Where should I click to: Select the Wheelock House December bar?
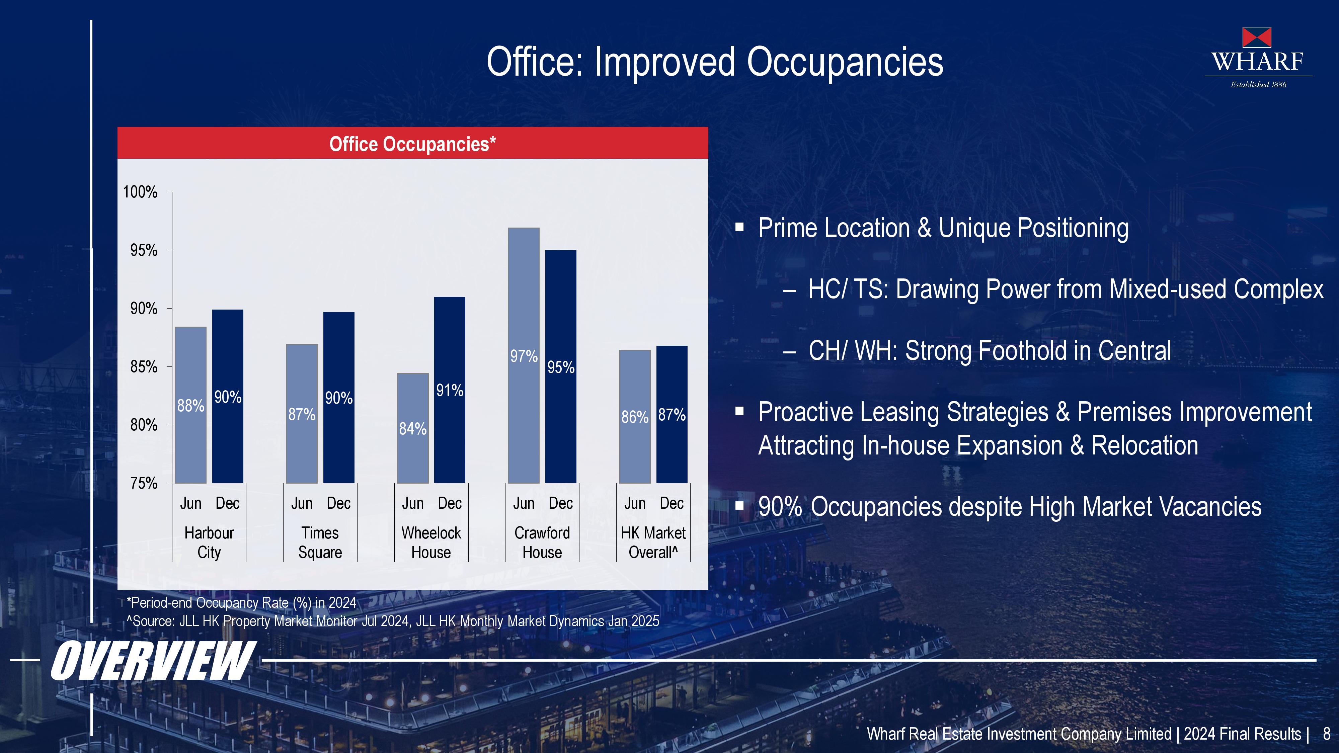(450, 390)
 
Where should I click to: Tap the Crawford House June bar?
(524, 355)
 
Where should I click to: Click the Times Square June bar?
(302, 414)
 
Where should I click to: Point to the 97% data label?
(524, 356)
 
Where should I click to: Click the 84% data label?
(413, 428)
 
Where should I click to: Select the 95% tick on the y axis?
(144, 250)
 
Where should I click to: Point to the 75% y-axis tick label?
(144, 483)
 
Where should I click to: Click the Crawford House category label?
(542, 542)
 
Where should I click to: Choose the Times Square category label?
(320, 542)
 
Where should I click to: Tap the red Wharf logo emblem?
(1257, 37)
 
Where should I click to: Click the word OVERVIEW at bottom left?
(153, 661)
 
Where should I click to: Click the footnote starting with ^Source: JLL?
(393, 621)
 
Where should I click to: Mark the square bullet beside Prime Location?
(740, 227)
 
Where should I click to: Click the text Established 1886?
(1258, 85)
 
